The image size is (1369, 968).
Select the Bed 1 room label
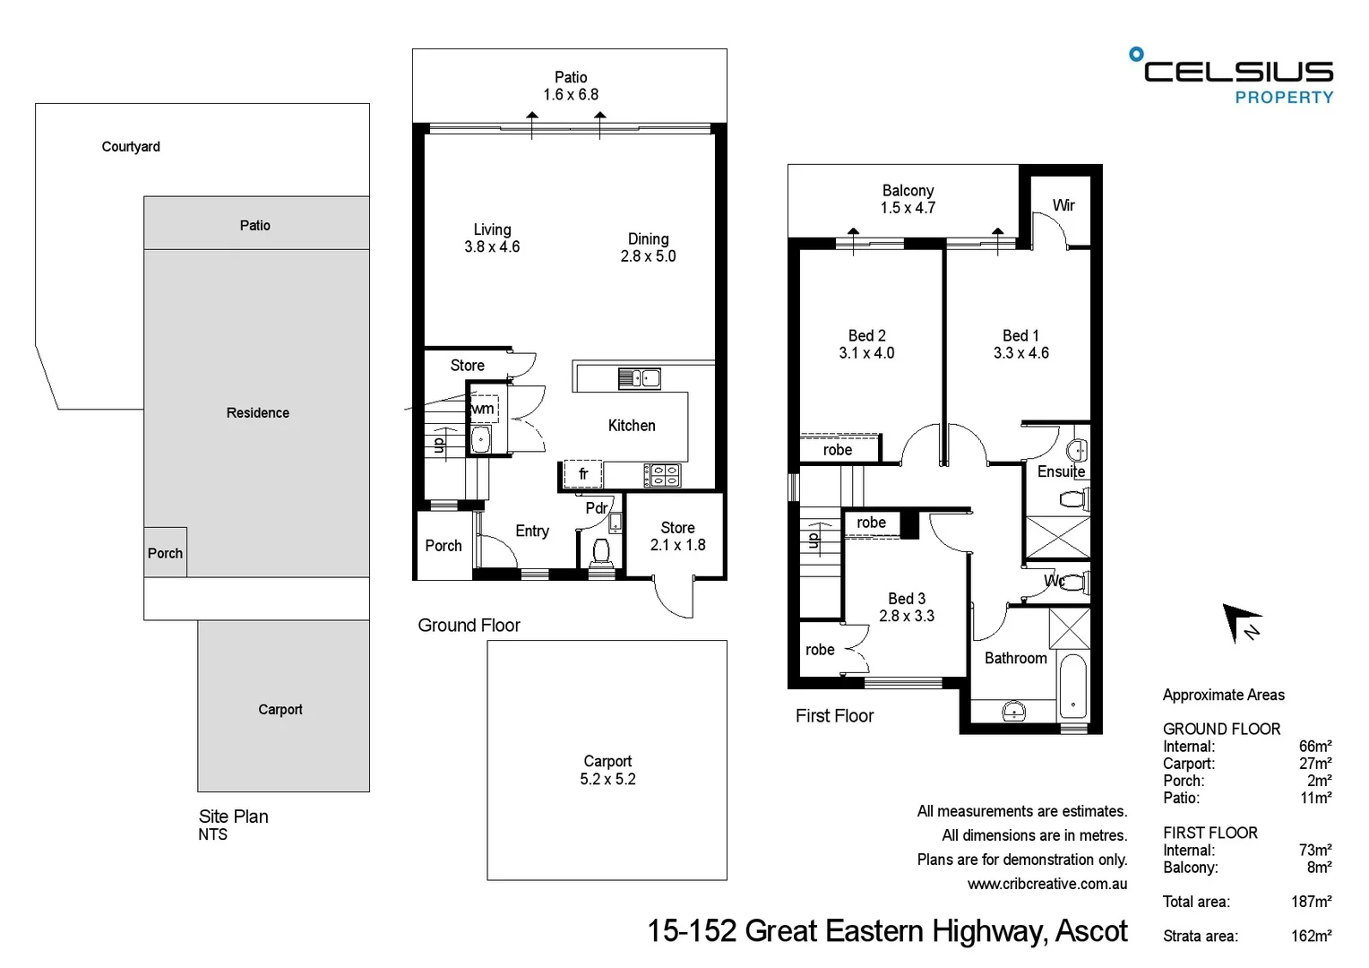1020,344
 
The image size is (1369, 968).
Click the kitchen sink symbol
639,378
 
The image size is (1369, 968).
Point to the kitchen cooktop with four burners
661,475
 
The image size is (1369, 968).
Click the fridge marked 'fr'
582,473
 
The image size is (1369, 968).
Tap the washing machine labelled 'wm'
484,409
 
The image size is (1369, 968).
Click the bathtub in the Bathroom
1072,686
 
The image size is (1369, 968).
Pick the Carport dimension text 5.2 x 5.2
607,779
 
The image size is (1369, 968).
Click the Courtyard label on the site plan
131,147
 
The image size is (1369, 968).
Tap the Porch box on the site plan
166,552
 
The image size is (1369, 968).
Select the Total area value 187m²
1311,902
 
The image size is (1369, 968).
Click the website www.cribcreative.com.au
1046,884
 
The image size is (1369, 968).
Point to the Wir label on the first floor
1063,205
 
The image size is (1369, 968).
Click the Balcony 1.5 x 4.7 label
908,199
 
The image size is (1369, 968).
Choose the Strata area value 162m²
1311,936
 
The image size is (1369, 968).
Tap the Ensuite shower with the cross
1057,537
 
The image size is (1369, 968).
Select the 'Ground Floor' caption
469,626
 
